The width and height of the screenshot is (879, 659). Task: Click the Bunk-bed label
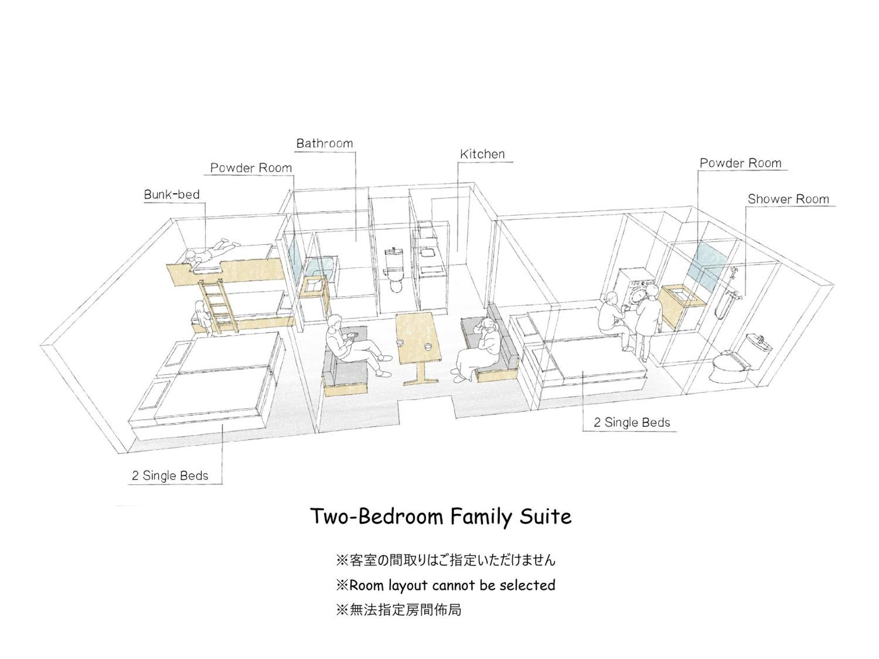pyautogui.click(x=172, y=195)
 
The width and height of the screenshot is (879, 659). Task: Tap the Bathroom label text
pyautogui.click(x=324, y=143)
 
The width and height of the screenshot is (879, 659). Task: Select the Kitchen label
pyautogui.click(x=482, y=154)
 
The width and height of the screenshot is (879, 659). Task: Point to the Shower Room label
pyautogui.click(x=788, y=199)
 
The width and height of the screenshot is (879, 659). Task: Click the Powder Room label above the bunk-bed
pyautogui.click(x=251, y=168)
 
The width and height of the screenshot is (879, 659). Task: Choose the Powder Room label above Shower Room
pyautogui.click(x=741, y=163)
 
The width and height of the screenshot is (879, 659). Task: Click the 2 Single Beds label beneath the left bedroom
pyautogui.click(x=170, y=476)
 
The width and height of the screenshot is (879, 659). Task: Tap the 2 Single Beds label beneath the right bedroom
pyautogui.click(x=632, y=423)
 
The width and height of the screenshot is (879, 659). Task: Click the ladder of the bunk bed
pyautogui.click(x=218, y=306)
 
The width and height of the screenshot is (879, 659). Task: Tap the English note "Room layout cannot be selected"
pyautogui.click(x=446, y=586)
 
